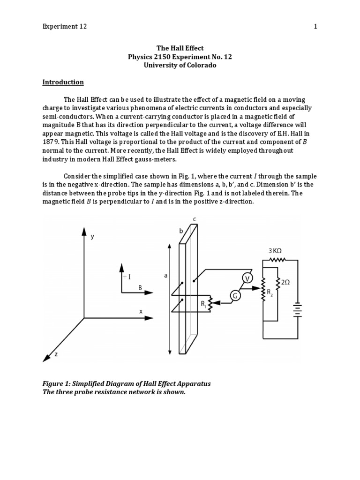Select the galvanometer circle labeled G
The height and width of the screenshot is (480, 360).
click(235, 295)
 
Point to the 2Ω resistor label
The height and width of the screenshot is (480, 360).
click(285, 282)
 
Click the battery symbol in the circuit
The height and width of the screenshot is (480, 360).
click(297, 309)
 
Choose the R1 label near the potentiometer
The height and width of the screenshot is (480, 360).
click(204, 304)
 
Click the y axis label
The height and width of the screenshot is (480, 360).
click(93, 237)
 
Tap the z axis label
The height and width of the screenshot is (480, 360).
click(56, 354)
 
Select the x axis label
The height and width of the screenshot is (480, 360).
click(141, 311)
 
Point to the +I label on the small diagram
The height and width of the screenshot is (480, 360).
click(127, 277)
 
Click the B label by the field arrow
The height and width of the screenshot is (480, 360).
click(140, 288)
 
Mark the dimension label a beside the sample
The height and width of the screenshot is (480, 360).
click(165, 276)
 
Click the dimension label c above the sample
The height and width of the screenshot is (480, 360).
click(194, 219)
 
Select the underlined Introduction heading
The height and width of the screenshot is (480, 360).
click(63, 82)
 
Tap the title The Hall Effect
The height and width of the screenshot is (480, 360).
click(180, 48)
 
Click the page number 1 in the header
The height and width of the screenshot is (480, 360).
click(315, 27)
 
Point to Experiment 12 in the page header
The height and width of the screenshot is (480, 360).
click(65, 27)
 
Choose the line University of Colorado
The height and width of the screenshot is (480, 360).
click(180, 65)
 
